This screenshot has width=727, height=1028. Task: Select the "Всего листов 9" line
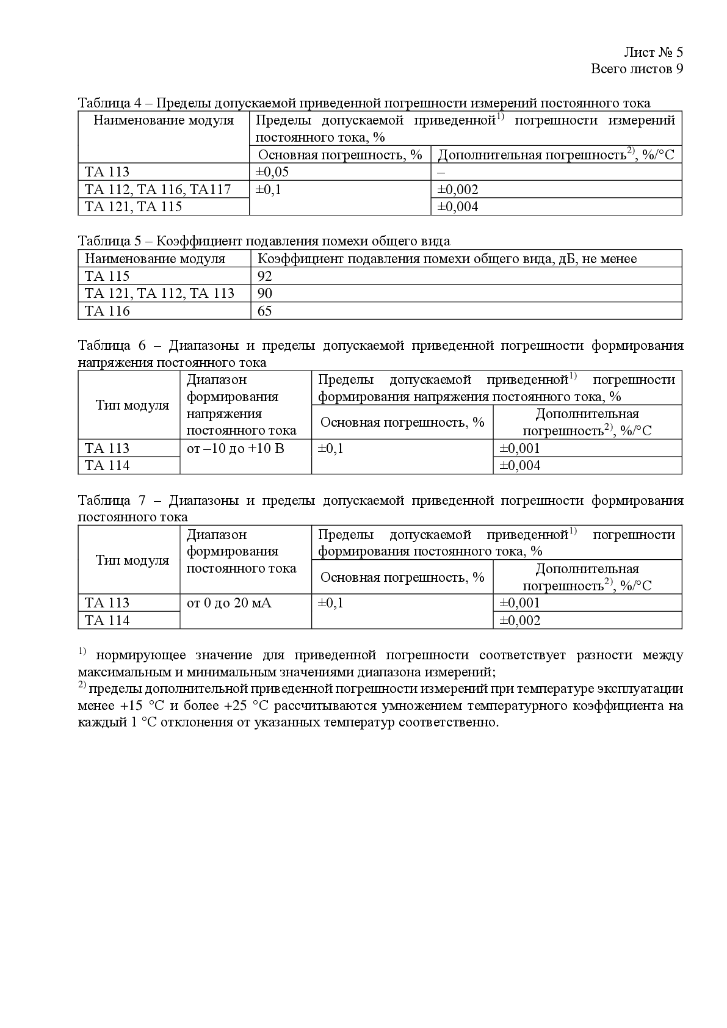pos(637,69)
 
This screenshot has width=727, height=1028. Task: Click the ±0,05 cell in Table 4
pos(272,172)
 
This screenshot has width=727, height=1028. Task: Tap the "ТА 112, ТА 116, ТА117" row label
pos(157,190)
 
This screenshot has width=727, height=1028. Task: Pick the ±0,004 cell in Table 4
pos(458,207)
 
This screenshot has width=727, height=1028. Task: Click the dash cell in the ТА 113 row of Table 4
pos(441,172)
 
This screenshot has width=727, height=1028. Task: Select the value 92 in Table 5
pos(265,276)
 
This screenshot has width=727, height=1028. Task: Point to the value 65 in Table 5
pos(265,311)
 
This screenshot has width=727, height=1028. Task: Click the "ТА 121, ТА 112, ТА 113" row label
pos(159,294)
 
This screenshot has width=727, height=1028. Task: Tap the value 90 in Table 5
pos(265,294)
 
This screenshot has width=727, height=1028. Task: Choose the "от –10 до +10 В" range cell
pos(235,449)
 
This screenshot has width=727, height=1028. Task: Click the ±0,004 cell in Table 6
pos(519,466)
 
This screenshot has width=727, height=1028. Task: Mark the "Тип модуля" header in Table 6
pos(132,405)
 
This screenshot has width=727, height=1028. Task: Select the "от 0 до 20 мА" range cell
pos(229,603)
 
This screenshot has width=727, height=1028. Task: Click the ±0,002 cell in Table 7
pos(519,621)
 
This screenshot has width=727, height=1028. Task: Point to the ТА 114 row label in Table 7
pos(107,621)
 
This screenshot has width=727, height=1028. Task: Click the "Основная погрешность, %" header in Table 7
pos(402,577)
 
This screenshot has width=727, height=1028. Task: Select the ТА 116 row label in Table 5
pos(107,311)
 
